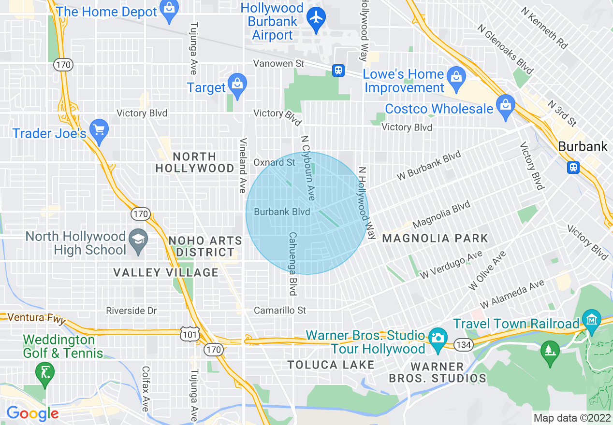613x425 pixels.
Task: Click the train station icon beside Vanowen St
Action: [338, 71]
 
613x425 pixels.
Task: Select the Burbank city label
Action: [583, 146]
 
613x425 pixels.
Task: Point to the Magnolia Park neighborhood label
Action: [435, 238]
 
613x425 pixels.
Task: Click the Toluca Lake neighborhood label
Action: [331, 365]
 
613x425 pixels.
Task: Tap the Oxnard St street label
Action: [274, 162]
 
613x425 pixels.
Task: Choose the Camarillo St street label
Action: [280, 310]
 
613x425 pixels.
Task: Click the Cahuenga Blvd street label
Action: [292, 264]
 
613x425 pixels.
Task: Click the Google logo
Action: [32, 413]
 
